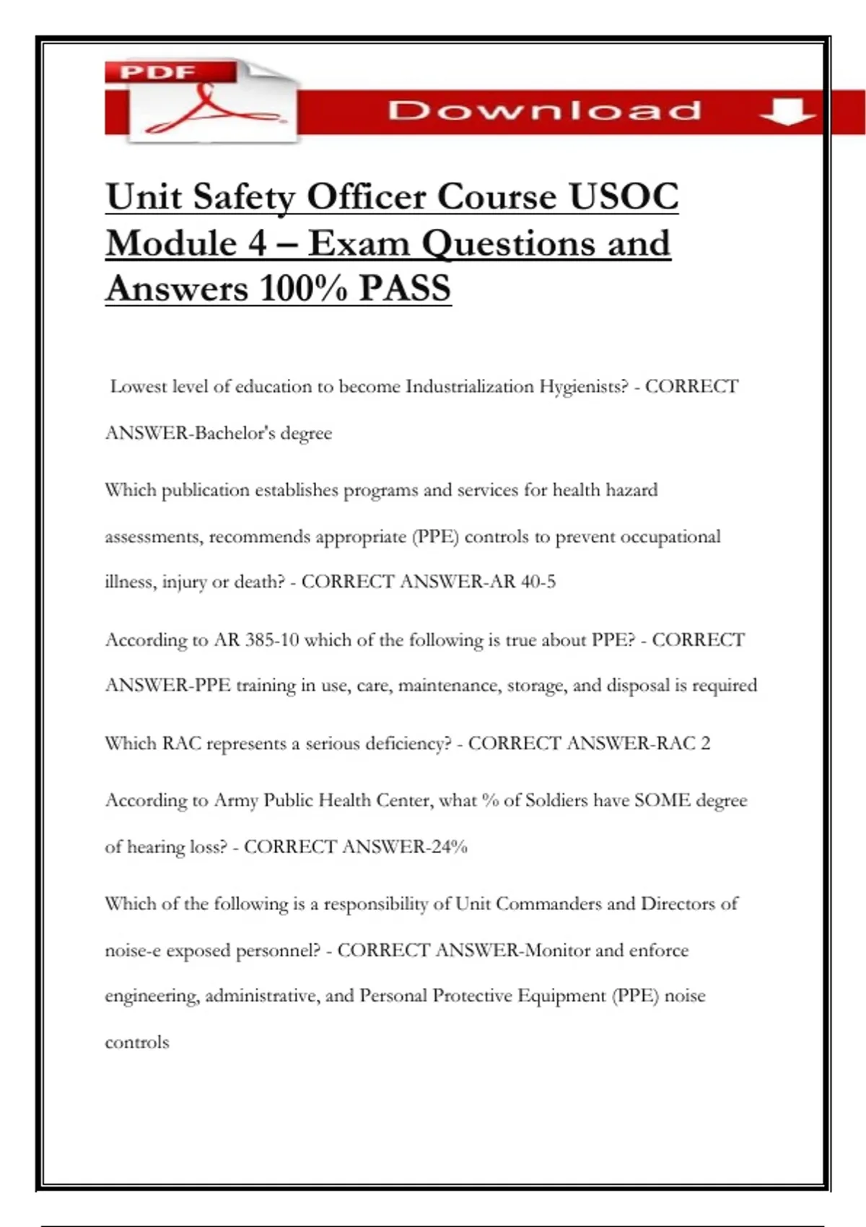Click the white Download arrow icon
(787, 112)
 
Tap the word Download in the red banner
(544, 111)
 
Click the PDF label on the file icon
(157, 72)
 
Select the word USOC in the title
(624, 196)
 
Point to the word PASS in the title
(405, 288)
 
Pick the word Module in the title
(171, 243)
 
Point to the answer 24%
(449, 847)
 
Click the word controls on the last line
(137, 1042)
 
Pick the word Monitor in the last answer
(557, 950)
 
